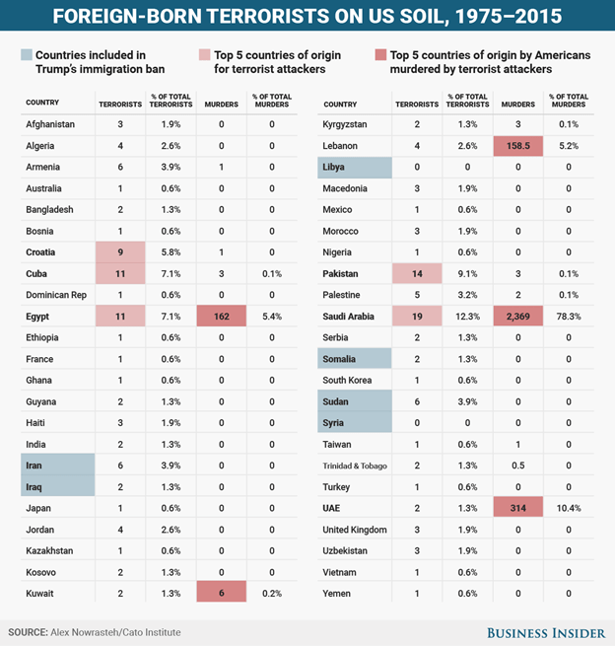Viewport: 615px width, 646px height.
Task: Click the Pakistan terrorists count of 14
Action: click(416, 274)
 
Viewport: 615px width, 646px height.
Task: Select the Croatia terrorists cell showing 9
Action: click(119, 252)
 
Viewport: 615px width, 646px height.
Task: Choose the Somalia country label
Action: click(340, 359)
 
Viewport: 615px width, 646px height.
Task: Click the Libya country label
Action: click(334, 168)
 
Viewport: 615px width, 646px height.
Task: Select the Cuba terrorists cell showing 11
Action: click(119, 274)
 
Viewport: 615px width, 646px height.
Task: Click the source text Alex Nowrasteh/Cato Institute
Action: click(117, 631)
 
